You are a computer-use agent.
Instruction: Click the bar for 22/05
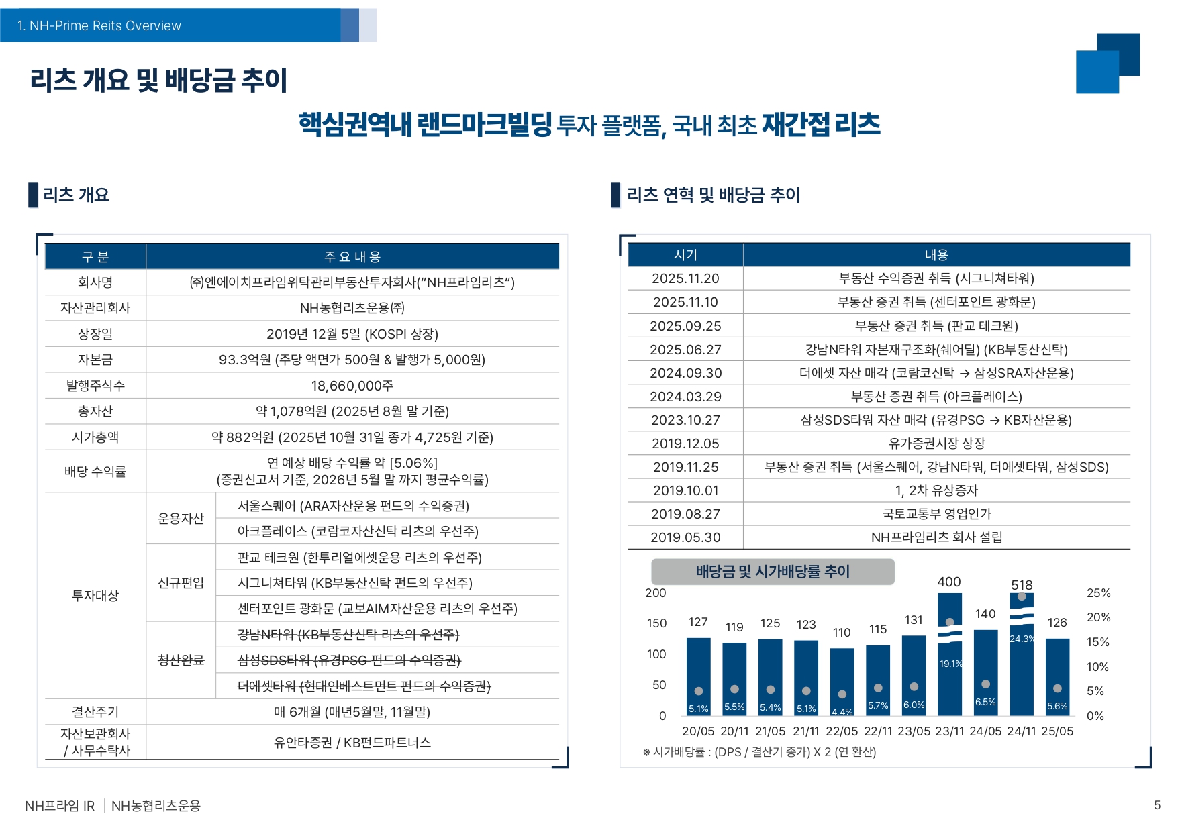[842, 681]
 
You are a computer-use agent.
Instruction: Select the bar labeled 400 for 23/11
[949, 654]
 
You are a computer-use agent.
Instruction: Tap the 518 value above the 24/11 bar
[1022, 585]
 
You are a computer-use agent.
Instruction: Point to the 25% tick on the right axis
[1098, 593]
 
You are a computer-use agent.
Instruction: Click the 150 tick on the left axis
[656, 623]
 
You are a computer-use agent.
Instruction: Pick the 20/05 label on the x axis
[698, 731]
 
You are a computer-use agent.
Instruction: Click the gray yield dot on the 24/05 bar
[985, 684]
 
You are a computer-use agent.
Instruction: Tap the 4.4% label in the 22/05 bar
[842, 712]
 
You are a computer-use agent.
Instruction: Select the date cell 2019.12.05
[685, 444]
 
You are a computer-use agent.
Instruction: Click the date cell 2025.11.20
[685, 278]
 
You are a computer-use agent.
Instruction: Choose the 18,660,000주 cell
[352, 386]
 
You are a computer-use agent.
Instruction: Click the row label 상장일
[95, 334]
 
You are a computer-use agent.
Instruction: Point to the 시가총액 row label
[95, 437]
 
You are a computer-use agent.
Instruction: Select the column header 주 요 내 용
[352, 256]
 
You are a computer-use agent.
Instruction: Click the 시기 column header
[685, 255]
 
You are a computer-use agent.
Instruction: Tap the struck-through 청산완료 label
[181, 660]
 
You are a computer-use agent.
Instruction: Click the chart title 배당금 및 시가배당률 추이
[773, 572]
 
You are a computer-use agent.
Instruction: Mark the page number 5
[1157, 805]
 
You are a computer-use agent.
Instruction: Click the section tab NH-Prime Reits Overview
[99, 25]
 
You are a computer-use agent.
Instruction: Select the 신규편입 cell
[181, 582]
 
